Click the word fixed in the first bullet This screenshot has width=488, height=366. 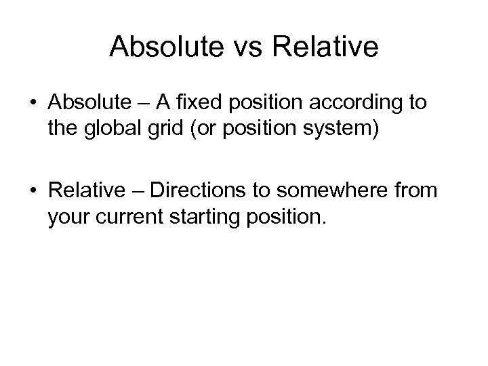[203, 104]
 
